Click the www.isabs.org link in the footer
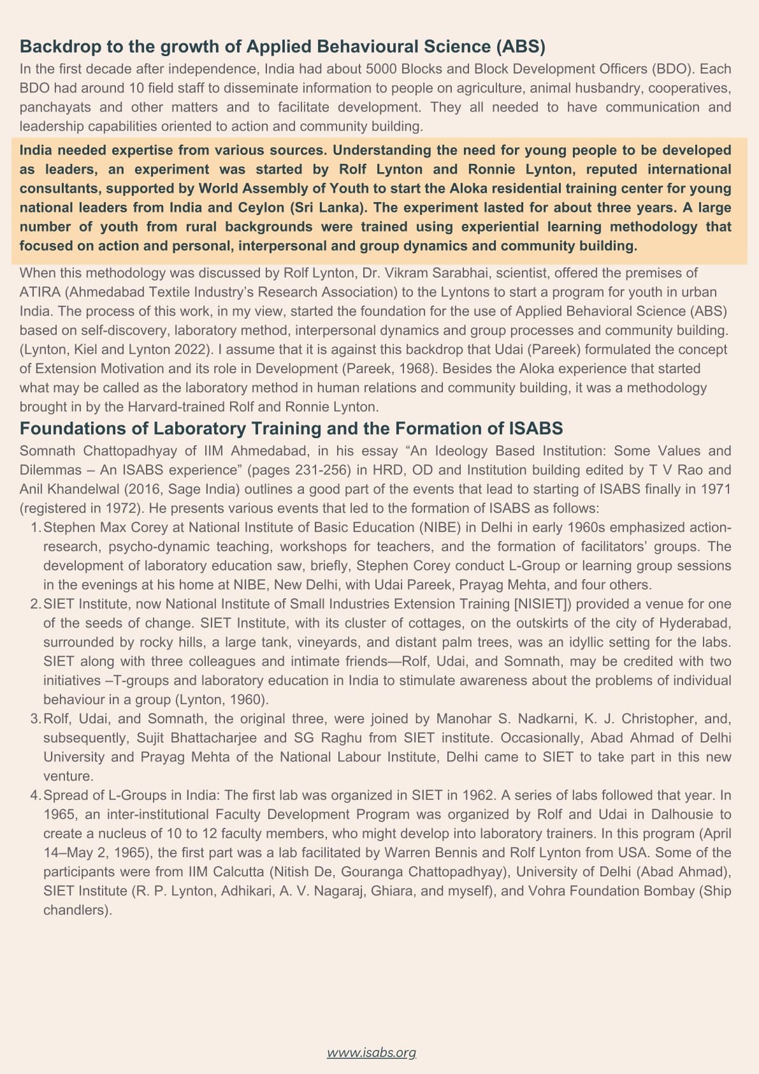tap(372, 1052)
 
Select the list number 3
tap(35, 719)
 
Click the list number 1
tap(35, 527)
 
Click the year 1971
tap(716, 489)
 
